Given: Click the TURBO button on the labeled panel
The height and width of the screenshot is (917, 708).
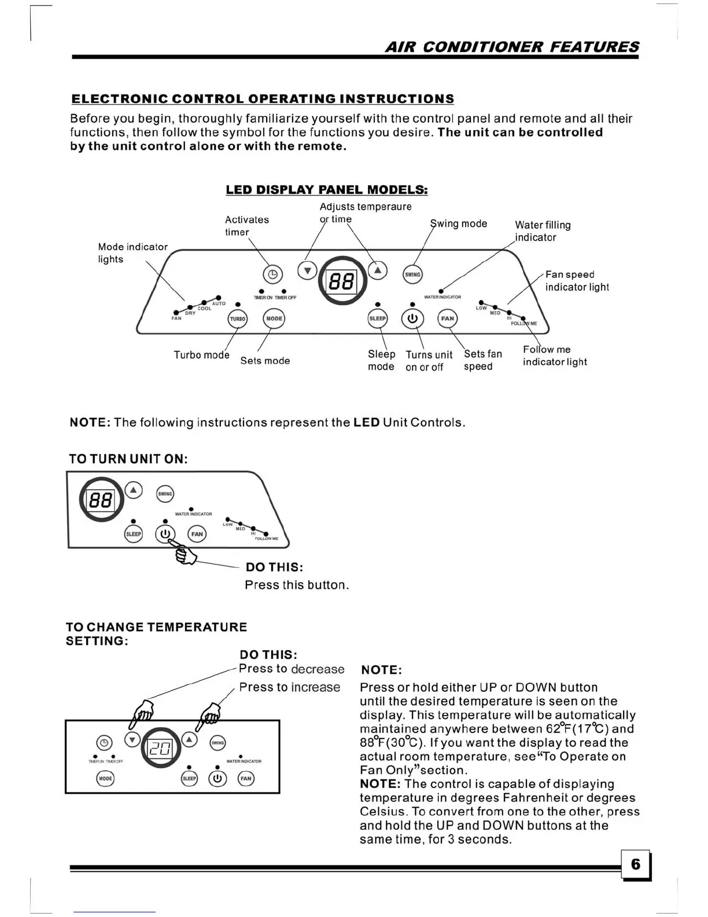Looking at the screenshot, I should tap(238, 319).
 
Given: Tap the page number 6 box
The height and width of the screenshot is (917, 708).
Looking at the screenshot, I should tap(636, 864).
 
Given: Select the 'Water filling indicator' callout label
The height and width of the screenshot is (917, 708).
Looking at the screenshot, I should tap(543, 231).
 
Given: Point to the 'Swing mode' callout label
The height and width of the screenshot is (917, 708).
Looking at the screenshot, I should tap(459, 223).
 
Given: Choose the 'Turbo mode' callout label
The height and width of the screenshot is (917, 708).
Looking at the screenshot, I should tap(201, 355).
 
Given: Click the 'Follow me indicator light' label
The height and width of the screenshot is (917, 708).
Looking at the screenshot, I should tap(554, 355).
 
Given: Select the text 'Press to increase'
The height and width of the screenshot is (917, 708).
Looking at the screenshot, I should tap(289, 687).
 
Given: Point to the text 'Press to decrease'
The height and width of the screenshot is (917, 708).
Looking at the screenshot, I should tap(292, 669).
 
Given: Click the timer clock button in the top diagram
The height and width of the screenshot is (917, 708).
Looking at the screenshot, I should tap(273, 274).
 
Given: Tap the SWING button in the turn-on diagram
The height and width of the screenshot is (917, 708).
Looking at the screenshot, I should tap(165, 494).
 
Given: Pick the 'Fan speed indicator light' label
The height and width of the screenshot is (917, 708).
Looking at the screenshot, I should tap(577, 281).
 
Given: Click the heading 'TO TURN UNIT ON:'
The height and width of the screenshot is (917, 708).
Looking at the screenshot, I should tap(128, 459).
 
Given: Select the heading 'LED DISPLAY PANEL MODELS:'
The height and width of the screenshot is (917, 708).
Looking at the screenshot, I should tap(327, 190).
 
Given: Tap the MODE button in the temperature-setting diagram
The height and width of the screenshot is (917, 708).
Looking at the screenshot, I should tap(105, 779).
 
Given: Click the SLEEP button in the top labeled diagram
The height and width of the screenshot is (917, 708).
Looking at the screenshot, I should tap(378, 318).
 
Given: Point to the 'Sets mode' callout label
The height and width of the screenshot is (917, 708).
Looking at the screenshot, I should tap(265, 361).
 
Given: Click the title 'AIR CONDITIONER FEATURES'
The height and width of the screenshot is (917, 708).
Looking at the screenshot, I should tap(512, 47).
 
